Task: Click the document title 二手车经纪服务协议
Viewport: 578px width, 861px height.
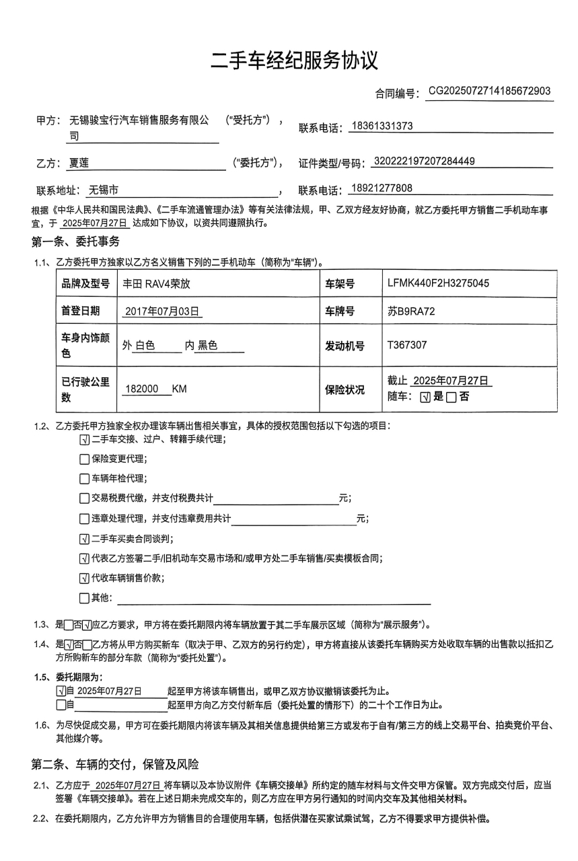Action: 294,61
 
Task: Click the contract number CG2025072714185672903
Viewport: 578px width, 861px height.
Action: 489,91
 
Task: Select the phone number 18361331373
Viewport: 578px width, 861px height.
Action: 382,126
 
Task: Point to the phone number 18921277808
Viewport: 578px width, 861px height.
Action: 382,188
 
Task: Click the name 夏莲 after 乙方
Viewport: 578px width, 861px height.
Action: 79,162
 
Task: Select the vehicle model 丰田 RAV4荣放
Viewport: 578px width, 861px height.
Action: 156,284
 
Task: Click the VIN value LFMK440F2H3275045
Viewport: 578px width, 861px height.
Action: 438,283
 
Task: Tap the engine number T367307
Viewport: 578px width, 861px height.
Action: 406,345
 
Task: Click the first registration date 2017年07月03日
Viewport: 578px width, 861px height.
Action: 164,311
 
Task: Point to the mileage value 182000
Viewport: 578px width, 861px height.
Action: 142,389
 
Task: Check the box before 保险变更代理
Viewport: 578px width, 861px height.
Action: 84,459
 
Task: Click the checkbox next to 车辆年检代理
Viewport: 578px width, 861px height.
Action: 84,479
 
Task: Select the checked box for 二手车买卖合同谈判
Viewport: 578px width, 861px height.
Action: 84,539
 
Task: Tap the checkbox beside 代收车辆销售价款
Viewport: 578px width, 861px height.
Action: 84,578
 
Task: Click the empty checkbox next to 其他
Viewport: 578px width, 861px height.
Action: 84,598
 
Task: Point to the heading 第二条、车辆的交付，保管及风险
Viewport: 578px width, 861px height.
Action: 115,764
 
